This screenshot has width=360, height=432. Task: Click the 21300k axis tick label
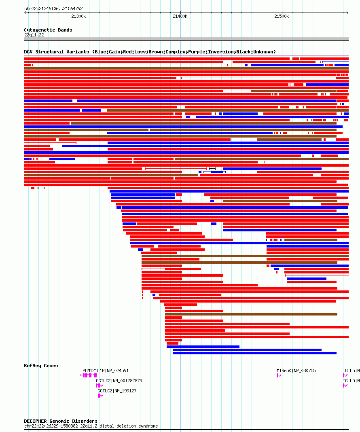pos(78,16)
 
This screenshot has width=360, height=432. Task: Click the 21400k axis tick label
pos(180,16)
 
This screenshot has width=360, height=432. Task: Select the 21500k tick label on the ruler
pos(282,16)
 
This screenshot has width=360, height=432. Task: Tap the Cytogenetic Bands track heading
pos(48,30)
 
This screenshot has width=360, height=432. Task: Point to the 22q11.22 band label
pos(34,35)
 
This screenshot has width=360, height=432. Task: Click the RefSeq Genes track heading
pos(41,366)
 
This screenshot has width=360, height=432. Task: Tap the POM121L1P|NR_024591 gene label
pos(106,371)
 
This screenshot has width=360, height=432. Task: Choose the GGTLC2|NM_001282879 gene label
pos(119,381)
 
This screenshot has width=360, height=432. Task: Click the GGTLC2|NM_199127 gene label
pos(117,391)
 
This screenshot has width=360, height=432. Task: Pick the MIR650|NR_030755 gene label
pos(296,371)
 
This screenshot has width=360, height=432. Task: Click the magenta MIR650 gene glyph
pos(279,375)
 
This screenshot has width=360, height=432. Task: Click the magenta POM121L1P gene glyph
pos(88,375)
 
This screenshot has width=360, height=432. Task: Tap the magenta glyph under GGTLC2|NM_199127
pos(100,396)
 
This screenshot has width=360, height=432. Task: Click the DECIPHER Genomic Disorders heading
pos(61,421)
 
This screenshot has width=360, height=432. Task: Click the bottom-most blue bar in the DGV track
pos(255,353)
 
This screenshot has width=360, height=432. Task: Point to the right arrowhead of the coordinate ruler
pos(347,13)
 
